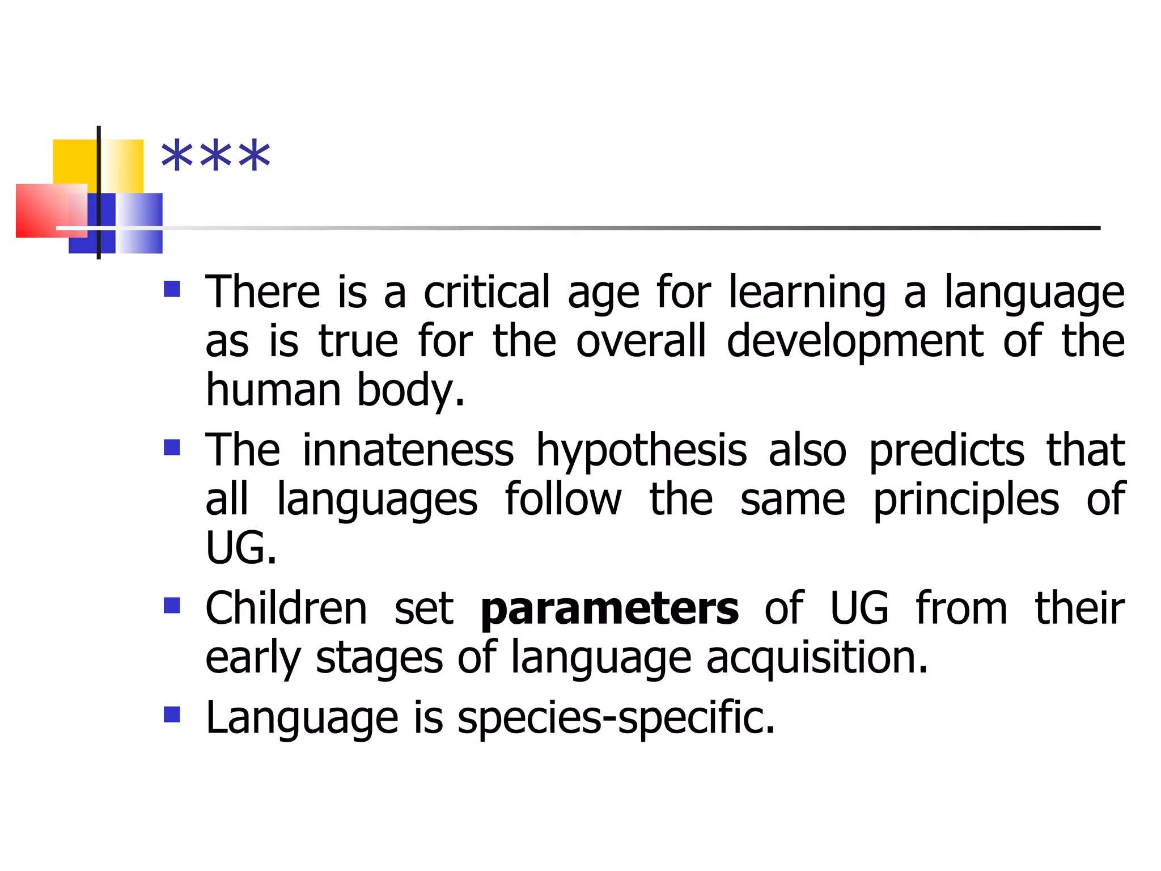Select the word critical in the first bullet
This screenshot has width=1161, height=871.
[487, 293]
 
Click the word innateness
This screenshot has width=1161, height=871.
[408, 451]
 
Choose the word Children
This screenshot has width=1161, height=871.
[286, 609]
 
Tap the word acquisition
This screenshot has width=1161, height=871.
[817, 659]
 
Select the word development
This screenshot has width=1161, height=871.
[855, 343]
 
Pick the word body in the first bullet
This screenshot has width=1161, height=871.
[411, 391]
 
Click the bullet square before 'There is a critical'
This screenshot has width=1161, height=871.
[172, 290]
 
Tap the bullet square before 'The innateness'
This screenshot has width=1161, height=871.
[172, 448]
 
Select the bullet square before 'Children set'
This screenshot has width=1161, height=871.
[172, 606]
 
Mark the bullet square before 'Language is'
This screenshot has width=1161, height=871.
[172, 714]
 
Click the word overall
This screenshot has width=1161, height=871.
[641, 342]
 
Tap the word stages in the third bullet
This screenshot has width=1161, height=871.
[379, 659]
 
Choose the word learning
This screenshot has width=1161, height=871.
[807, 293]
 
